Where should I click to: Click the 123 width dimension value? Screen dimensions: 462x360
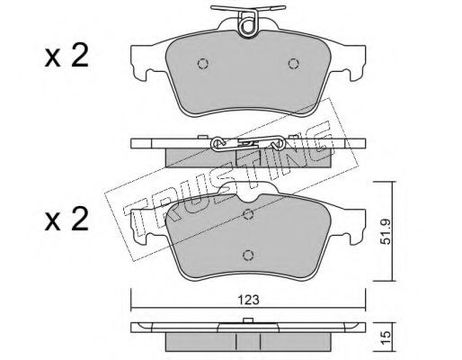click(248, 300)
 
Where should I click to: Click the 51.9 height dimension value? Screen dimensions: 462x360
click(386, 232)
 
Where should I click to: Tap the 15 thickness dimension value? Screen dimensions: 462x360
click(386, 337)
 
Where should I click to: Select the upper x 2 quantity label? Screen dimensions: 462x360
click(67, 56)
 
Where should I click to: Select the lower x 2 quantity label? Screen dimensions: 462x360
click(67, 219)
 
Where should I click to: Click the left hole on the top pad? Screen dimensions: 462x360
click(203, 63)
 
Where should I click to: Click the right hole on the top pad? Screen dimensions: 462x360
click(293, 63)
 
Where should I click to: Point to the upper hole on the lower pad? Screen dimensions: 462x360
click(248, 214)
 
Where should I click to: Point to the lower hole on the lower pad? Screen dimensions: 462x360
click(248, 255)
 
